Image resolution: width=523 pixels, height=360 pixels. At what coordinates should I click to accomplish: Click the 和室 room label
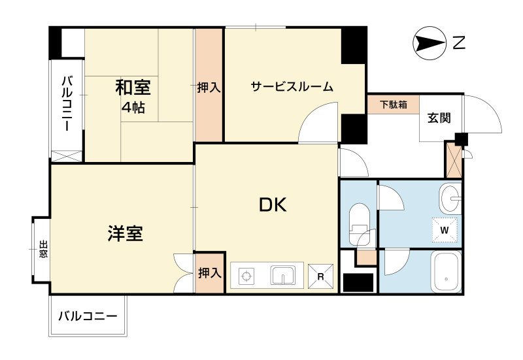tap(133, 88)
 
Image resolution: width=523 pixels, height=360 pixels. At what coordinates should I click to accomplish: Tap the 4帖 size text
tap(133, 108)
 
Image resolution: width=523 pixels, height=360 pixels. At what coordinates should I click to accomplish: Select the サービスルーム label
tap(292, 87)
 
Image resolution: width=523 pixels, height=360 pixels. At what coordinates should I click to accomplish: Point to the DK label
tap(273, 205)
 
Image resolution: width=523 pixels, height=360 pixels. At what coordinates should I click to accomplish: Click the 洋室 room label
tap(126, 233)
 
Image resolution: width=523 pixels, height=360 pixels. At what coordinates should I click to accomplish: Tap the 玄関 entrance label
tap(439, 118)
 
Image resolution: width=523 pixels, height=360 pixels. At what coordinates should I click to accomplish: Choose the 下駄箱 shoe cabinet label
tap(394, 105)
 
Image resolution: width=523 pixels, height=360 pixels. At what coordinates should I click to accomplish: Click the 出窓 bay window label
tap(43, 249)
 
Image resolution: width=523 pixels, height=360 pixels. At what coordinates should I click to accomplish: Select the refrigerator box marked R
tap(320, 276)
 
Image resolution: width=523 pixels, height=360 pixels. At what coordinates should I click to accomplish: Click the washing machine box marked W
tap(445, 230)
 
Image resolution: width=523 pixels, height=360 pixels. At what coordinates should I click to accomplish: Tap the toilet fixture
tap(359, 224)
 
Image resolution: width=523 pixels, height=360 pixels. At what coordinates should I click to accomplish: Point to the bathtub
tap(446, 272)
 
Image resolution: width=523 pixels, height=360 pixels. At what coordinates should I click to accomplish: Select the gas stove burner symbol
tap(246, 276)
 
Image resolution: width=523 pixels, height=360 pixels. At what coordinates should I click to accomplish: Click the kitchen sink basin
tap(283, 275)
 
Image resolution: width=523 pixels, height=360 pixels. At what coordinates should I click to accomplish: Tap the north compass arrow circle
tap(430, 43)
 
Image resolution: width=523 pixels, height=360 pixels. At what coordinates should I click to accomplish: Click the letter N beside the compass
tap(459, 43)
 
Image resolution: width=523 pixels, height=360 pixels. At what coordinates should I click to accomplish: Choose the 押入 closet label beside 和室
tap(209, 88)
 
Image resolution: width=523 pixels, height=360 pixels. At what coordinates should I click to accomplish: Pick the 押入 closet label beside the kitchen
tap(210, 273)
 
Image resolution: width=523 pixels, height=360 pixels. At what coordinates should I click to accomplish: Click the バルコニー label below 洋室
tap(88, 316)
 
